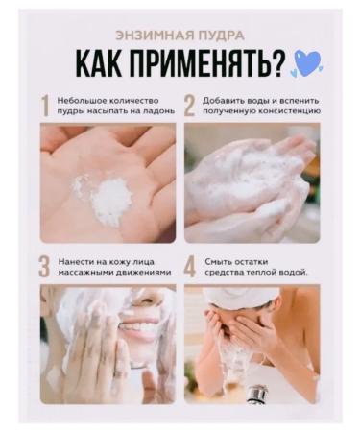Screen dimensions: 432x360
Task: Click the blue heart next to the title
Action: click(307, 63)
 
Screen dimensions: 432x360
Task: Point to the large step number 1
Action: click(44, 106)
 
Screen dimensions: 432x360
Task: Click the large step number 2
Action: click(189, 106)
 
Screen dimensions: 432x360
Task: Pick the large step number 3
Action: click(44, 266)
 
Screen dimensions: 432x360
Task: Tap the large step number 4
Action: click(189, 266)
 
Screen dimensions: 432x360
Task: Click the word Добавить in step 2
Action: click(222, 100)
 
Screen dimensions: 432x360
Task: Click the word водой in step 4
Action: click(293, 273)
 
